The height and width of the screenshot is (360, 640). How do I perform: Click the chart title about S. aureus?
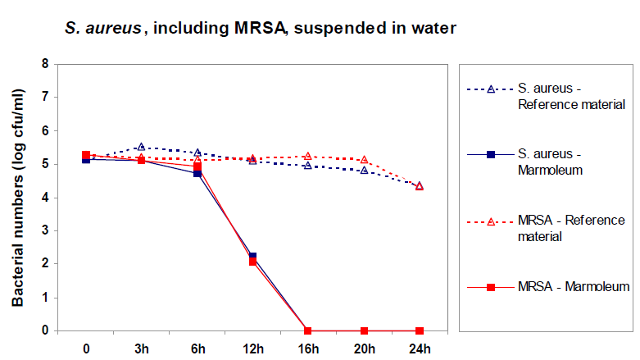[x=260, y=28]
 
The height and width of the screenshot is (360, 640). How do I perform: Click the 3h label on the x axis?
[x=141, y=347]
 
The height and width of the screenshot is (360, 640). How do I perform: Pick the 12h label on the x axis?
[x=252, y=347]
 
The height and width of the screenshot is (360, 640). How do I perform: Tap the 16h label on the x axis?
[x=307, y=347]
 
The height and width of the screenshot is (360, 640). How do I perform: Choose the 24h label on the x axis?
[x=419, y=347]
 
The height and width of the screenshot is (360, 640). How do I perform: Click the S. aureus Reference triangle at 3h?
[x=141, y=147]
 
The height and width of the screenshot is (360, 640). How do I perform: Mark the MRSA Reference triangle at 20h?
[x=363, y=160]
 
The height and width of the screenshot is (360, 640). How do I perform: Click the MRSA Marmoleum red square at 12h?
[x=252, y=261]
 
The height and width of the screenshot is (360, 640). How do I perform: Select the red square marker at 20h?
[x=363, y=330]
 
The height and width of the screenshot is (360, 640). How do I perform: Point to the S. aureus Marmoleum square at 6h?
[x=197, y=173]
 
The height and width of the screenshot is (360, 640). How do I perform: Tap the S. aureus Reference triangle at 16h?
[x=307, y=166]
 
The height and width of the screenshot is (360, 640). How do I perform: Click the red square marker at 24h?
[x=419, y=330]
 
